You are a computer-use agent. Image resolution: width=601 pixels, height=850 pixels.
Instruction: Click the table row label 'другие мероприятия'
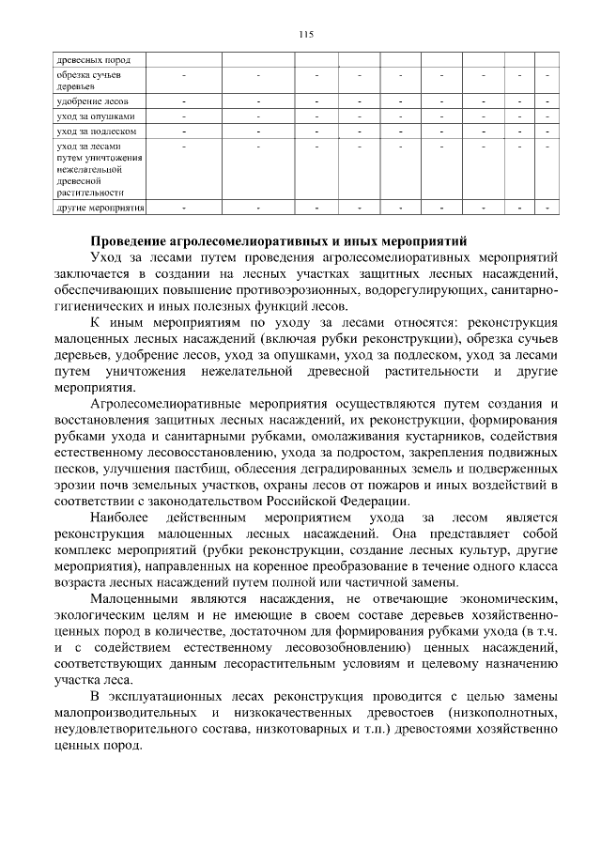[x=100, y=206]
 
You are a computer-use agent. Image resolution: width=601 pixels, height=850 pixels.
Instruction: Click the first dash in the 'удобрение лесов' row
[x=183, y=100]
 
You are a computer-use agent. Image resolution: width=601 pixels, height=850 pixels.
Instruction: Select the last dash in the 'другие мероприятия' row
[x=547, y=206]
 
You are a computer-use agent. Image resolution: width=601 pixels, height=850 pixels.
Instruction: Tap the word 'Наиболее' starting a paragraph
[x=119, y=518]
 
